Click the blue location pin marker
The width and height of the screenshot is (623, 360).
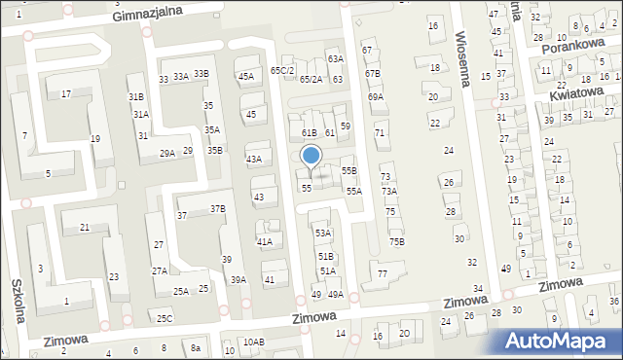tap(311, 157)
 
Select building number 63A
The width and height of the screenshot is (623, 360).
tap(335, 59)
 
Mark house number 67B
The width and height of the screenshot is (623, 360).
tap(373, 73)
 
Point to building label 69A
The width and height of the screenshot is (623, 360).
tap(376, 97)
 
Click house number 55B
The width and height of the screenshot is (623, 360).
tap(348, 170)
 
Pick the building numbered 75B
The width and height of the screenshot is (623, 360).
tap(396, 241)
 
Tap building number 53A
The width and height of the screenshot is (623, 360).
tap(322, 234)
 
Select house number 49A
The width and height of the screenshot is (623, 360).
tap(335, 294)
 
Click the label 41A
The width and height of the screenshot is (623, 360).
tap(264, 241)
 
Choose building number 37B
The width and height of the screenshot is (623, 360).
tap(218, 208)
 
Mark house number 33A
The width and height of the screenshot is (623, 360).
tap(181, 76)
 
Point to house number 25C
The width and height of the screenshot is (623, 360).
tap(165, 318)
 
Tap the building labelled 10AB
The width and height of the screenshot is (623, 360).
tap(253, 342)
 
